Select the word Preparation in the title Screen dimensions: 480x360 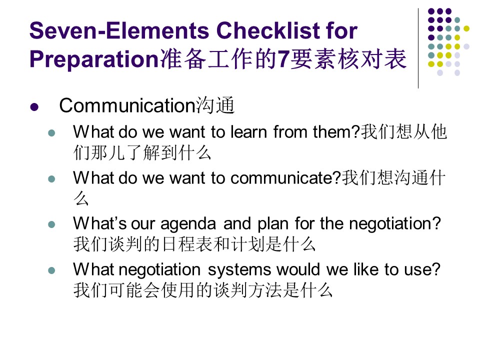(94, 59)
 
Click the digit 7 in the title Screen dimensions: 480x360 (283, 59)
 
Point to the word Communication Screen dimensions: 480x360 (127, 105)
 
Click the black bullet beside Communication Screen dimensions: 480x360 (34, 107)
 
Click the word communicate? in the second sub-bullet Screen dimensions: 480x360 (285, 178)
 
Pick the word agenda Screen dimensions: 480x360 (188, 224)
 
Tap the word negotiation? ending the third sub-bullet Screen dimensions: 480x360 (395, 223)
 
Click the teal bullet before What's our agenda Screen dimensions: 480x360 (51, 224)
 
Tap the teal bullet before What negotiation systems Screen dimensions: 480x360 (51, 270)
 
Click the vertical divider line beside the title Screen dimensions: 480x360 (418, 48)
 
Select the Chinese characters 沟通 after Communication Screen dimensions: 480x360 (215, 105)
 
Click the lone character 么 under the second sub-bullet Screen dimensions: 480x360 (81, 198)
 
